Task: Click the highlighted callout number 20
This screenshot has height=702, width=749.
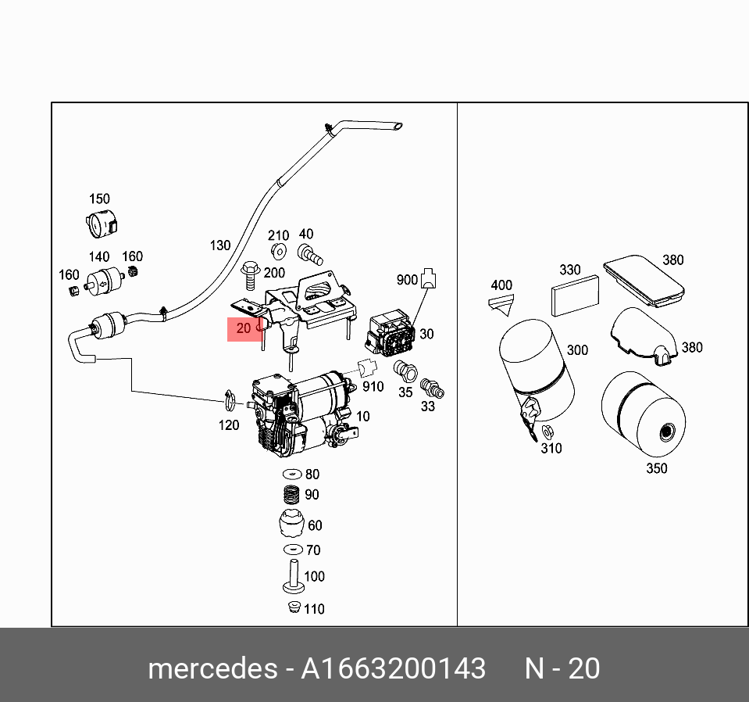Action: [244, 328]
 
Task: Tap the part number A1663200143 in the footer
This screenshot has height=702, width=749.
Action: [394, 669]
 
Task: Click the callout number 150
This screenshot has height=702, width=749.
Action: [99, 199]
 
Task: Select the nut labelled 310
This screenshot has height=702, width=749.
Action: [548, 431]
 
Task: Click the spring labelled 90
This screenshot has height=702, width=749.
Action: [291, 496]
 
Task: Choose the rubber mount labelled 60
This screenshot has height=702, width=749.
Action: [291, 524]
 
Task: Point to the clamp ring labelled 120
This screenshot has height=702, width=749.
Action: [228, 401]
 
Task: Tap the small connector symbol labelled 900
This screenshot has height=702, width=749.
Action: [428, 280]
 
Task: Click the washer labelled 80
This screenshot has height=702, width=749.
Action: [291, 475]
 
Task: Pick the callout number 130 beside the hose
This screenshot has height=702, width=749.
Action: [220, 245]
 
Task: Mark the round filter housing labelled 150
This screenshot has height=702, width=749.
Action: [100, 224]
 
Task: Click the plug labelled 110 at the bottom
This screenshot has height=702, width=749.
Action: [294, 608]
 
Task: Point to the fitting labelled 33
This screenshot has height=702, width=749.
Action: [430, 388]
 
